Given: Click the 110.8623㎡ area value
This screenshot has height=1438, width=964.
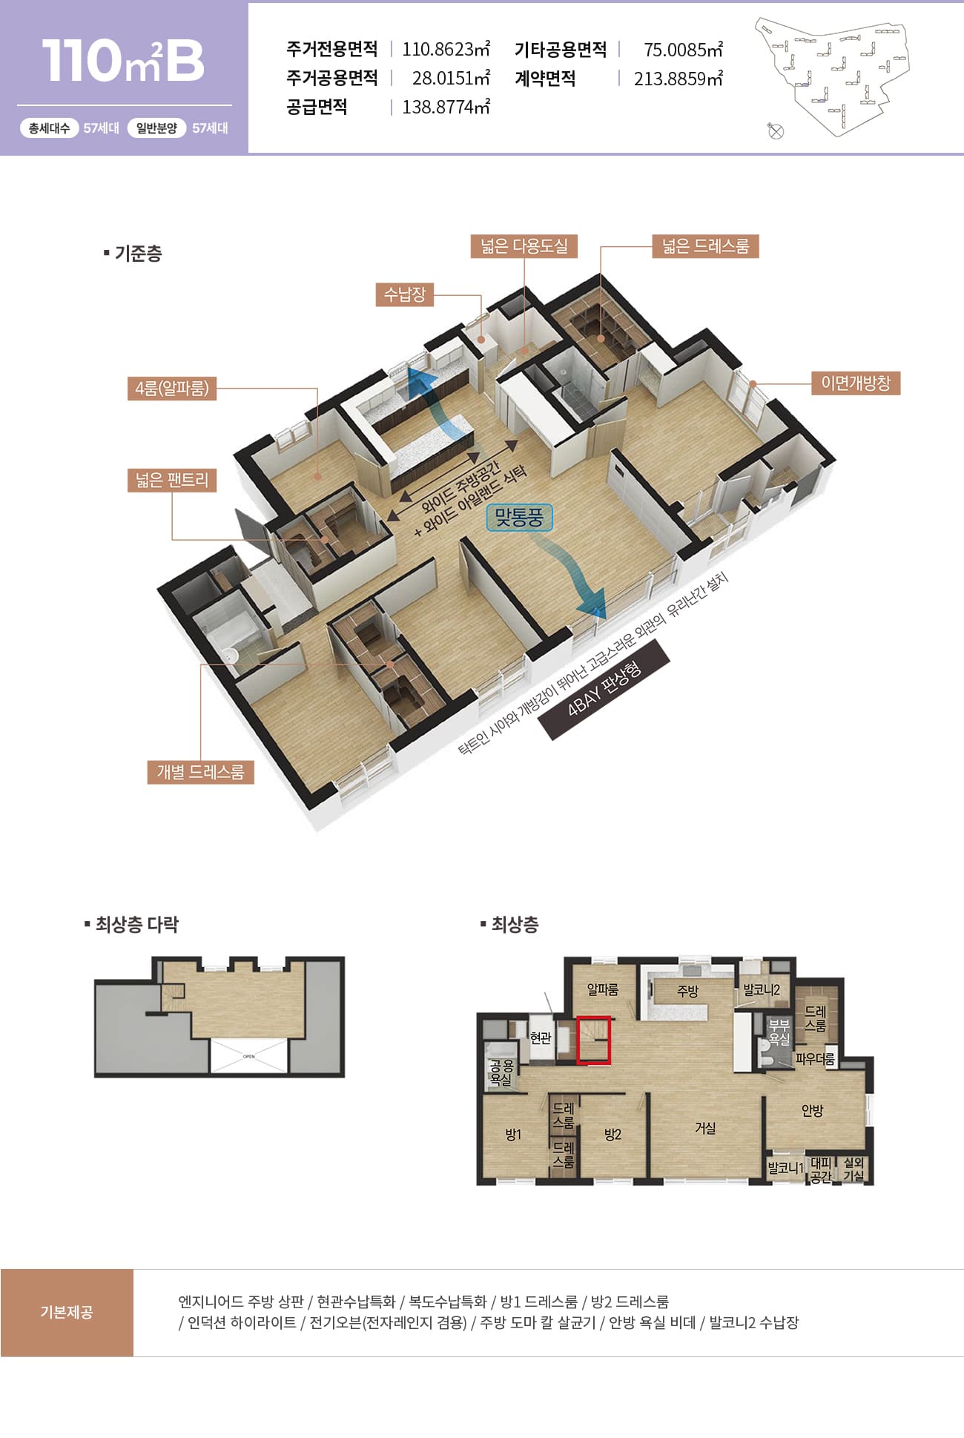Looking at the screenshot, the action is (x=446, y=49).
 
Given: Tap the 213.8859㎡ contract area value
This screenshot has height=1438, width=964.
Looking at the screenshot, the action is (x=678, y=78).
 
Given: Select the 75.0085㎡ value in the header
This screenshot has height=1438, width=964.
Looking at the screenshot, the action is (x=683, y=49).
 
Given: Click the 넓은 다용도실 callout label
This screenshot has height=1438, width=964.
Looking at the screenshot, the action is (x=524, y=246).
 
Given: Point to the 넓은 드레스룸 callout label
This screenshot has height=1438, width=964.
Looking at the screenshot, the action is (x=705, y=246).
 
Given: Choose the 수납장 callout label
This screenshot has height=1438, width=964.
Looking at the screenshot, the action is (x=405, y=294).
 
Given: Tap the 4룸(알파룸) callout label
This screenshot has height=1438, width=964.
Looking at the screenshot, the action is (x=172, y=388).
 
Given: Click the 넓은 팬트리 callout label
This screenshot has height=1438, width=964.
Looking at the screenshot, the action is (x=172, y=480).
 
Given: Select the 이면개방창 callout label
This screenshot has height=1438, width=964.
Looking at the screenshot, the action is (x=856, y=383).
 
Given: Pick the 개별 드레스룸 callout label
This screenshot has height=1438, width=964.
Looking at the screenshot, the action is (x=200, y=772).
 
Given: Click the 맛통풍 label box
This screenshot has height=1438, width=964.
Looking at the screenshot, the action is (x=519, y=518).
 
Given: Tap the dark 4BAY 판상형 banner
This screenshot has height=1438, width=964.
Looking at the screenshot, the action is (x=604, y=690).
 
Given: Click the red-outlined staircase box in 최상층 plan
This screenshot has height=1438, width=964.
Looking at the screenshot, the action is (x=594, y=1040).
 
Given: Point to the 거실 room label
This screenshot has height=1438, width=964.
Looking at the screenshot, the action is (x=705, y=1127).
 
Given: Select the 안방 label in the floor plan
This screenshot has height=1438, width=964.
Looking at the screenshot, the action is (x=812, y=1110).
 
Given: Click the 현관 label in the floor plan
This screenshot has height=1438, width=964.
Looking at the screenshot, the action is (x=541, y=1038).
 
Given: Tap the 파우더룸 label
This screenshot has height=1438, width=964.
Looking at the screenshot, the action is (x=815, y=1059).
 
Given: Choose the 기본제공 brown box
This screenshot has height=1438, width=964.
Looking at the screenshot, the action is (x=67, y=1313).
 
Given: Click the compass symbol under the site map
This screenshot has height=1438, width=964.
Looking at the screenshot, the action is (x=776, y=131).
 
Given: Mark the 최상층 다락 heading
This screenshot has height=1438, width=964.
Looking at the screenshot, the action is (x=132, y=924).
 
